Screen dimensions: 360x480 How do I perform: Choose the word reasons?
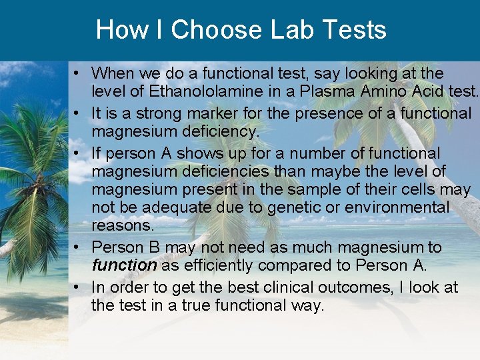(x=121, y=225)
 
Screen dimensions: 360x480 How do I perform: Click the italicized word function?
(x=124, y=265)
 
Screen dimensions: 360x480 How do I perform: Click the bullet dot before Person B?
(x=78, y=247)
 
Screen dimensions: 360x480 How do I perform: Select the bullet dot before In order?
(x=78, y=287)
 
